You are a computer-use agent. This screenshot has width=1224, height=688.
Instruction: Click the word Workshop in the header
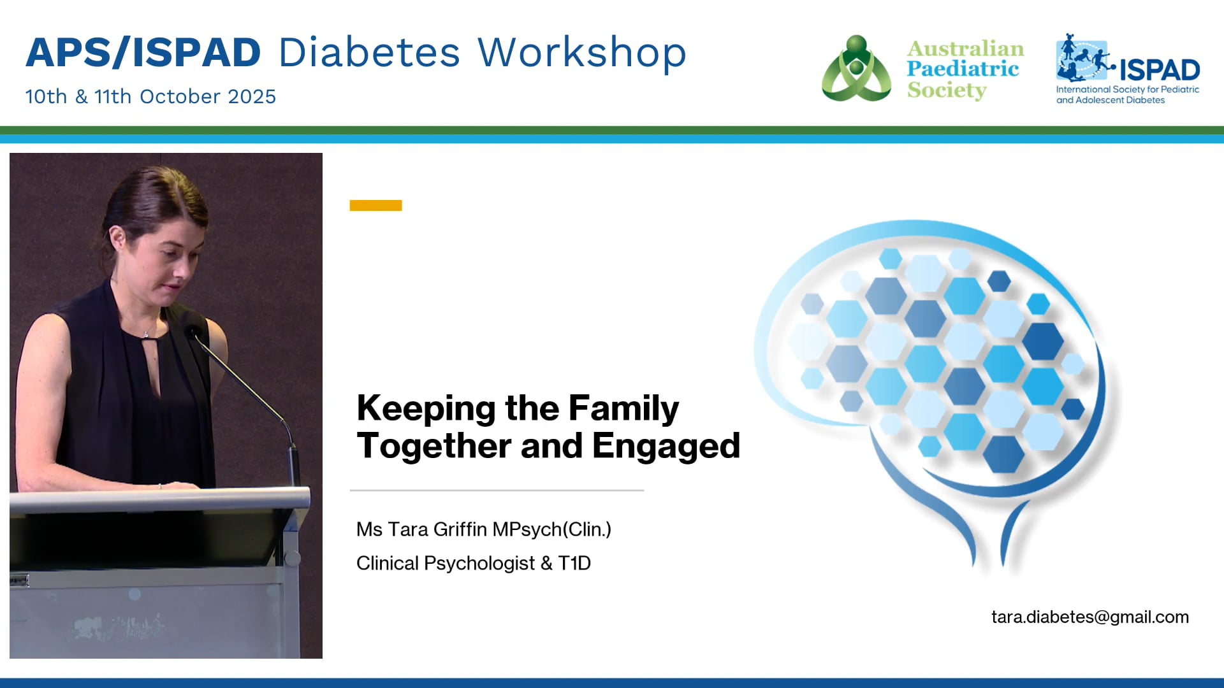coord(581,52)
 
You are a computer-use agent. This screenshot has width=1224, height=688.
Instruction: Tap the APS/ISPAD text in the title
coord(143,52)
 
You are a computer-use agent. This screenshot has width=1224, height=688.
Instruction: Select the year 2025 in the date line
coord(252,97)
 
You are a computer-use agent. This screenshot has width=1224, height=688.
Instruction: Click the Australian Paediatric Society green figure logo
coord(856,69)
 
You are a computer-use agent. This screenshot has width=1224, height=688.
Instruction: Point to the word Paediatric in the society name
coord(963,69)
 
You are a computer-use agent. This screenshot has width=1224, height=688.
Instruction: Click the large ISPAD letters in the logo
coord(1159,70)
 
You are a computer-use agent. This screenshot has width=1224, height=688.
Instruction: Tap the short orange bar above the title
coord(375,205)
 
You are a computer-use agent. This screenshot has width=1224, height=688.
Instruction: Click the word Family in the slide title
coord(623,408)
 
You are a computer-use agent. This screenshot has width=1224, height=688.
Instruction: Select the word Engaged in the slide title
coord(666,445)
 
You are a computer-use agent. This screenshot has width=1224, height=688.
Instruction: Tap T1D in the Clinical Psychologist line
coord(574,563)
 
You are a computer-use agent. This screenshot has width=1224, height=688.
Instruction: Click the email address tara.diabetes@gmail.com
coord(1089,617)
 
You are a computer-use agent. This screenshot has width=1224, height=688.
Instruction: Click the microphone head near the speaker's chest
coord(191,332)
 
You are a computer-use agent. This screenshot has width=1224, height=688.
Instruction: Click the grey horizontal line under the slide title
coord(497,491)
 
